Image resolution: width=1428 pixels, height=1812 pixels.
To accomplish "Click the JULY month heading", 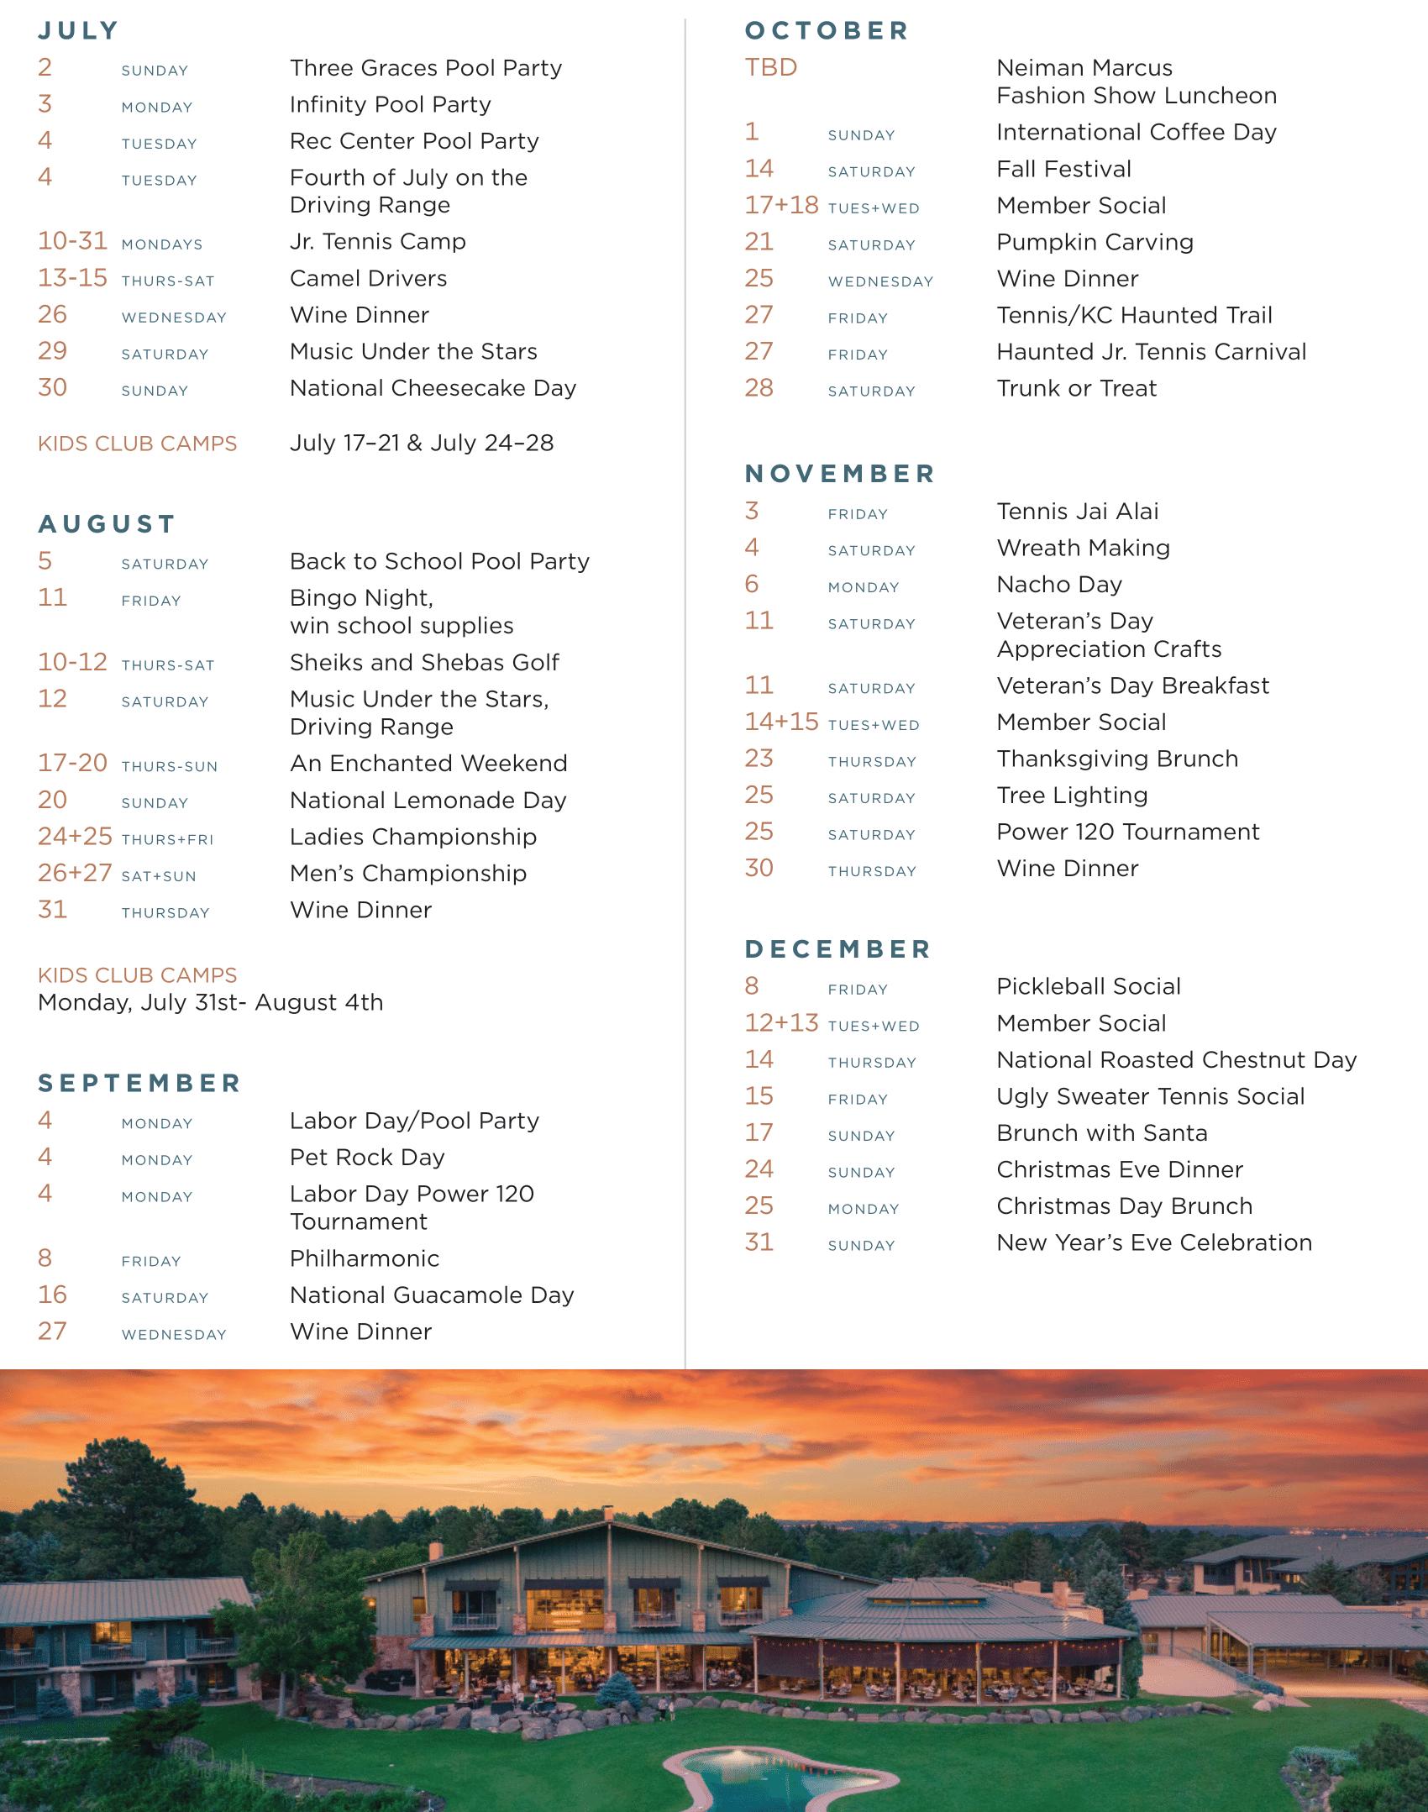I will (78, 31).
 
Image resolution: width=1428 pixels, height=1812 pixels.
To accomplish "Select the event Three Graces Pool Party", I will (425, 68).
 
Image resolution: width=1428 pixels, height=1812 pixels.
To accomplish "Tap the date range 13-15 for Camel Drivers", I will (72, 278).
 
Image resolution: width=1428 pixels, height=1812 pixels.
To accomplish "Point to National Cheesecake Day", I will (433, 388).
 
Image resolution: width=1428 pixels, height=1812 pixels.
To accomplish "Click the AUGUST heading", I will (107, 524).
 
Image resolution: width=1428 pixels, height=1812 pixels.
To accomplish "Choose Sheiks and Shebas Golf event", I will (424, 663).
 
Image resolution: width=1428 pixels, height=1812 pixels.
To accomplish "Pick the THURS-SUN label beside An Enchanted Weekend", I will (169, 766).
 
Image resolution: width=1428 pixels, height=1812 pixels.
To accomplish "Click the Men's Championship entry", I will (407, 874).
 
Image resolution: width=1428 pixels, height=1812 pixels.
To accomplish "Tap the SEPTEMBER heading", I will (139, 1084).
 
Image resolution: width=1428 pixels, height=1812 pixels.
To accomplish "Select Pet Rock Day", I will (367, 1158).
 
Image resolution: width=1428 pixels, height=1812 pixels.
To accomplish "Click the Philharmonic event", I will (365, 1258).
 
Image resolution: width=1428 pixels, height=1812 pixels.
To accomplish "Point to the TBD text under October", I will (770, 68).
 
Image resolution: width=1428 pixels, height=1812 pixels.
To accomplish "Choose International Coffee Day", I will (1136, 133).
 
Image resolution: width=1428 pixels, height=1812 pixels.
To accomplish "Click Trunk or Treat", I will (1076, 388).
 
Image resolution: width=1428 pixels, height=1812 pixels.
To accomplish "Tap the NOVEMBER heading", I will (839, 474).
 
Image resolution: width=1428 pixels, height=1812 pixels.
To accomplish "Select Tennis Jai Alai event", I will (1077, 512).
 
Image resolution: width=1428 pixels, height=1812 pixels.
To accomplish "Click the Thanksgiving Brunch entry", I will (1116, 759).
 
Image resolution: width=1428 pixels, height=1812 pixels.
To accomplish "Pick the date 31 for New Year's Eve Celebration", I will (759, 1242).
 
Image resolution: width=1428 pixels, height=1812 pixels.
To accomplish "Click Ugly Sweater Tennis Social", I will (1150, 1096).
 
